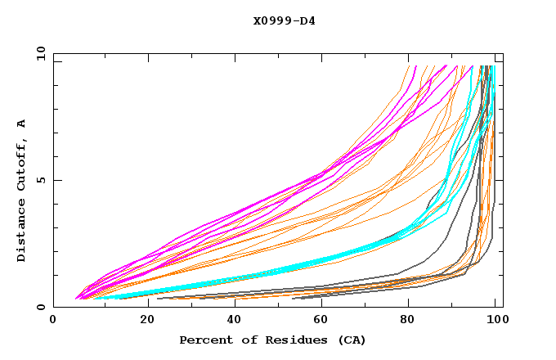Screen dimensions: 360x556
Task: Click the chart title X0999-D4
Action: [x=284, y=20]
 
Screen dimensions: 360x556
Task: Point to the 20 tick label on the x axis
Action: [x=148, y=321]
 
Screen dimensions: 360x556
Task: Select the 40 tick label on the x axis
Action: [x=237, y=321]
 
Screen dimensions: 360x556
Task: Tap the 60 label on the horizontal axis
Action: [x=325, y=321]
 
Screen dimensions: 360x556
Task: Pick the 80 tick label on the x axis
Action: [x=414, y=321]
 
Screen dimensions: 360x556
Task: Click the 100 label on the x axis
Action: [x=496, y=321]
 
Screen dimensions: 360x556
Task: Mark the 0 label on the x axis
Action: [x=54, y=321]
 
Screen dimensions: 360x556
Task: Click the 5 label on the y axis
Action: [x=40, y=180]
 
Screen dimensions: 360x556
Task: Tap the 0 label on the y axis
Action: [x=40, y=307]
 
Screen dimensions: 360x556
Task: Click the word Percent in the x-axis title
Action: [x=203, y=340]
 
